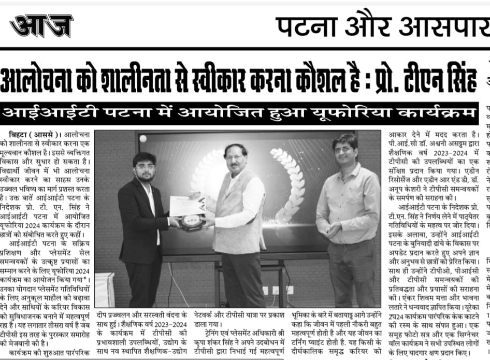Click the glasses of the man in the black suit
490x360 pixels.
[145, 167]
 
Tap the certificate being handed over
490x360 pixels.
[186, 206]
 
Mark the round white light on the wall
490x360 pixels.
[143, 138]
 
